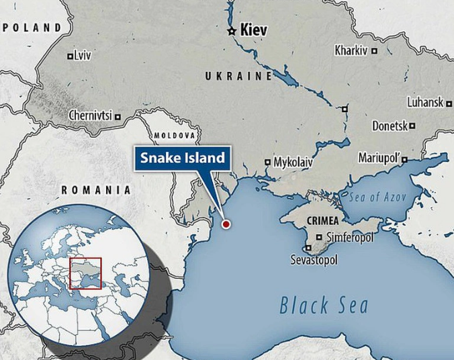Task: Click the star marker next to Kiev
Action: click(232, 31)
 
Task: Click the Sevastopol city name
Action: click(313, 259)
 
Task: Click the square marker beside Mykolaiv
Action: click(267, 162)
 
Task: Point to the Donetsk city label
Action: click(390, 126)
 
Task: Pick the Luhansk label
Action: click(425, 103)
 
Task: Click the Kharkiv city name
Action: click(352, 50)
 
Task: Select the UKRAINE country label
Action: click(238, 77)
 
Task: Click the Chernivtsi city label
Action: click(91, 116)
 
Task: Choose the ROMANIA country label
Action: click(95, 189)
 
